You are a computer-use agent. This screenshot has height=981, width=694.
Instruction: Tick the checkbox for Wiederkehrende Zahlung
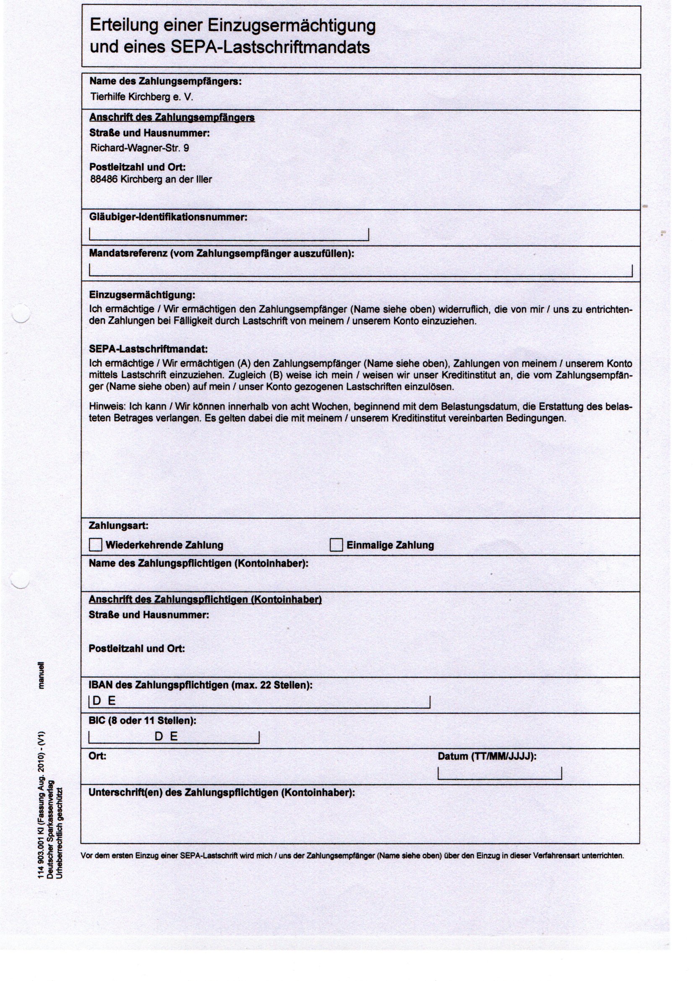click(95, 545)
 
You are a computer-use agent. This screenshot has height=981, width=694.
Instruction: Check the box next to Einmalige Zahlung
click(336, 545)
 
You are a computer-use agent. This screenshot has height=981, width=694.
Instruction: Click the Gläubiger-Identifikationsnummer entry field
click(229, 234)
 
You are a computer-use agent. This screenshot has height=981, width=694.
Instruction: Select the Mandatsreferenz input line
click(360, 271)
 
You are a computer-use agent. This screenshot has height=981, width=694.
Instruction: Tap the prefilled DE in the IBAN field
click(104, 701)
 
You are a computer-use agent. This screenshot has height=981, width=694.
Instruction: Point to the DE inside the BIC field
click(166, 736)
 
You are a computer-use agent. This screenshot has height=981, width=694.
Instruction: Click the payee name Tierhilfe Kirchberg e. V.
click(142, 97)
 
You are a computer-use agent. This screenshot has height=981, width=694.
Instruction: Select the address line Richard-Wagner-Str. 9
click(139, 148)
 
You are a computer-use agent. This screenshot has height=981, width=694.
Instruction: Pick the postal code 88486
click(104, 180)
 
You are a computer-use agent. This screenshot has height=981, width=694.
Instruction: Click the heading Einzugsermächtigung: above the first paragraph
click(142, 295)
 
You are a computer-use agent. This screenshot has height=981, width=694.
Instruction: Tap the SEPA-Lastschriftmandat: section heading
click(148, 349)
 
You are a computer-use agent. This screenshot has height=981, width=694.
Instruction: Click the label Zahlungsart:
click(118, 525)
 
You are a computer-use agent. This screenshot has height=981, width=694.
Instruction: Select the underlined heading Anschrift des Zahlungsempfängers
click(172, 117)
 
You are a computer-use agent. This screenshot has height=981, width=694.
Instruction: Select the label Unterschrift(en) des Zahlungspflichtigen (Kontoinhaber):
click(222, 793)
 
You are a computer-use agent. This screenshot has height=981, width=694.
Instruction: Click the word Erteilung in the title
click(124, 26)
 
